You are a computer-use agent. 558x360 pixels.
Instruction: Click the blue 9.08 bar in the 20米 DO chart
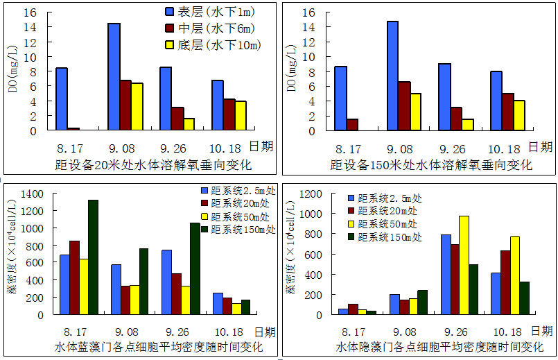tap(114, 76)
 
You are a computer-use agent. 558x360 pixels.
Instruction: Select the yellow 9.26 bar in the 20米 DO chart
tap(189, 124)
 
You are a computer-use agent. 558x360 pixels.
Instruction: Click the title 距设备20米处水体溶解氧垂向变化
tap(153, 165)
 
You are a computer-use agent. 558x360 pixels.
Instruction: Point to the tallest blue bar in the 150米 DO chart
tap(392, 76)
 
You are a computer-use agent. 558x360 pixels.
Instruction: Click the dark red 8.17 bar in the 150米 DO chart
tap(352, 124)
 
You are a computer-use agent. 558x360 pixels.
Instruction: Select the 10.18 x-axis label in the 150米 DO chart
tap(504, 148)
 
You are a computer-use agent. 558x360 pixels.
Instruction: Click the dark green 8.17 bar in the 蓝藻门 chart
tap(93, 257)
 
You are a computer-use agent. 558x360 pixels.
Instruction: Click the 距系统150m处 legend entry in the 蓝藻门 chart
tap(238, 228)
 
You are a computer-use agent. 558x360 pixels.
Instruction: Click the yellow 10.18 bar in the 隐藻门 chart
tap(514, 275)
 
